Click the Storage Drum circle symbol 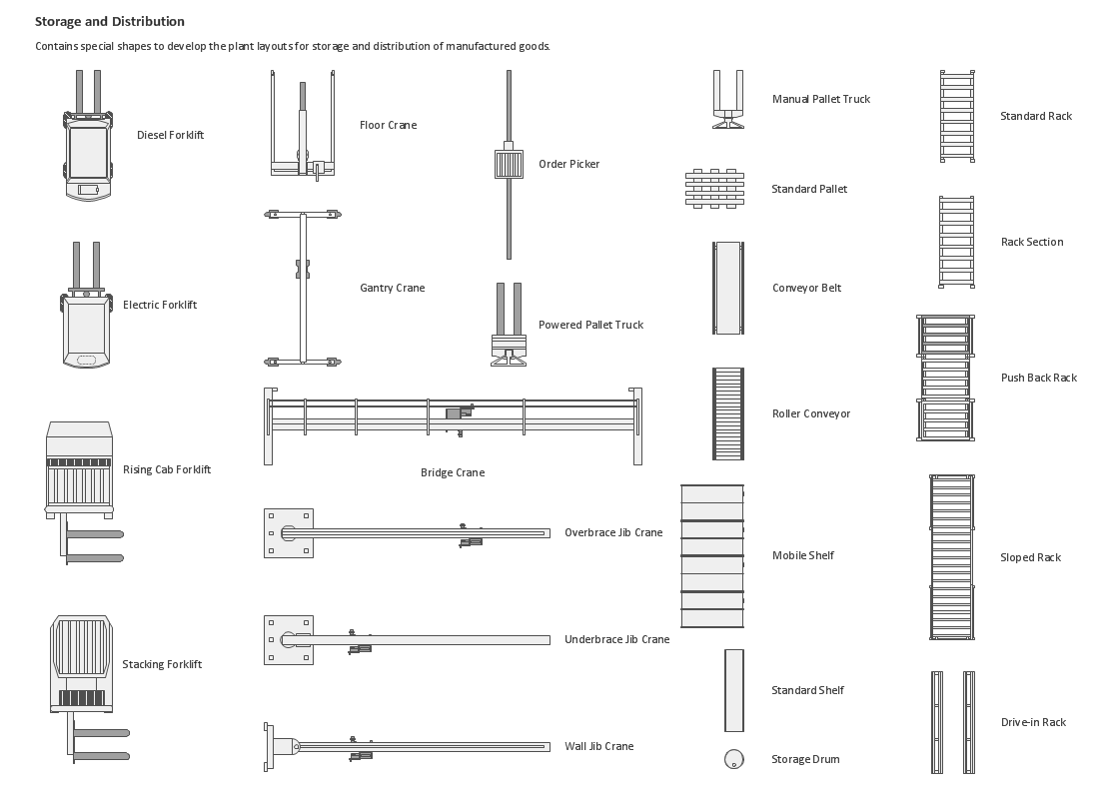pyautogui.click(x=733, y=759)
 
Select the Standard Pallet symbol pyautogui.click(x=714, y=189)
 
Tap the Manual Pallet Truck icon pyautogui.click(x=727, y=100)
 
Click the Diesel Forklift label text pyautogui.click(x=170, y=135)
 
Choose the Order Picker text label pyautogui.click(x=568, y=164)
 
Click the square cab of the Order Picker pyautogui.click(x=509, y=164)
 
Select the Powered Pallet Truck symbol pyautogui.click(x=509, y=326)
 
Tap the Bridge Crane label pyautogui.click(x=452, y=472)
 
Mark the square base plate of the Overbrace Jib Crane pyautogui.click(x=288, y=532)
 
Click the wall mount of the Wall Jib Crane pyautogui.click(x=268, y=746)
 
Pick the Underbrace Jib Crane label pyautogui.click(x=616, y=639)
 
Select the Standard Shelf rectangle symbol pyautogui.click(x=734, y=690)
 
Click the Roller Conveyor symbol pyautogui.click(x=727, y=413)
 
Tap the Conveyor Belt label pyautogui.click(x=806, y=288)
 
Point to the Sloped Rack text pyautogui.click(x=1030, y=557)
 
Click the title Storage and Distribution pyautogui.click(x=110, y=21)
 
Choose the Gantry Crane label pyautogui.click(x=392, y=288)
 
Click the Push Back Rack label pyautogui.click(x=1038, y=378)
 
